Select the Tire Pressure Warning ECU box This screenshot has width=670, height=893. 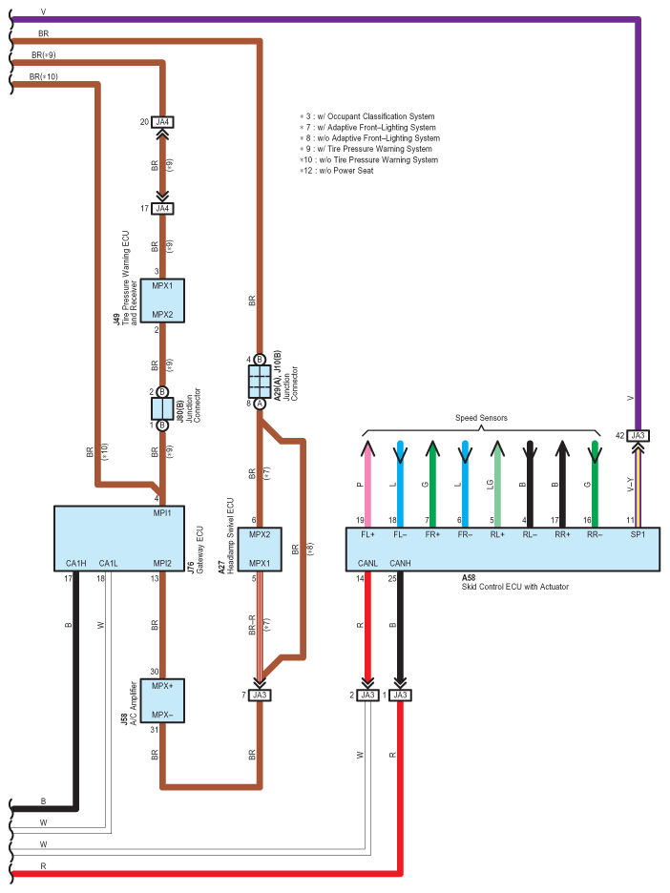pos(162,300)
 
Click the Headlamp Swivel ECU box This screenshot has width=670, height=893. pos(260,549)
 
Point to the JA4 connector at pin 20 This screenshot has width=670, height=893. pos(162,121)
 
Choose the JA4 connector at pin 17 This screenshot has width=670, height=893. pos(162,208)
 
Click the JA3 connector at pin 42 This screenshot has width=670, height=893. pos(639,434)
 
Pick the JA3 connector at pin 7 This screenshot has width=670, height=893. pos(260,695)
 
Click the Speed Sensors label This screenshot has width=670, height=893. pos(481,418)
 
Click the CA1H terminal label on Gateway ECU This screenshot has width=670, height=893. pos(76,563)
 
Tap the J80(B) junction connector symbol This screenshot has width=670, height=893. pos(162,408)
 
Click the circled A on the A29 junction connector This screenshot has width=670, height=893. pos(260,404)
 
